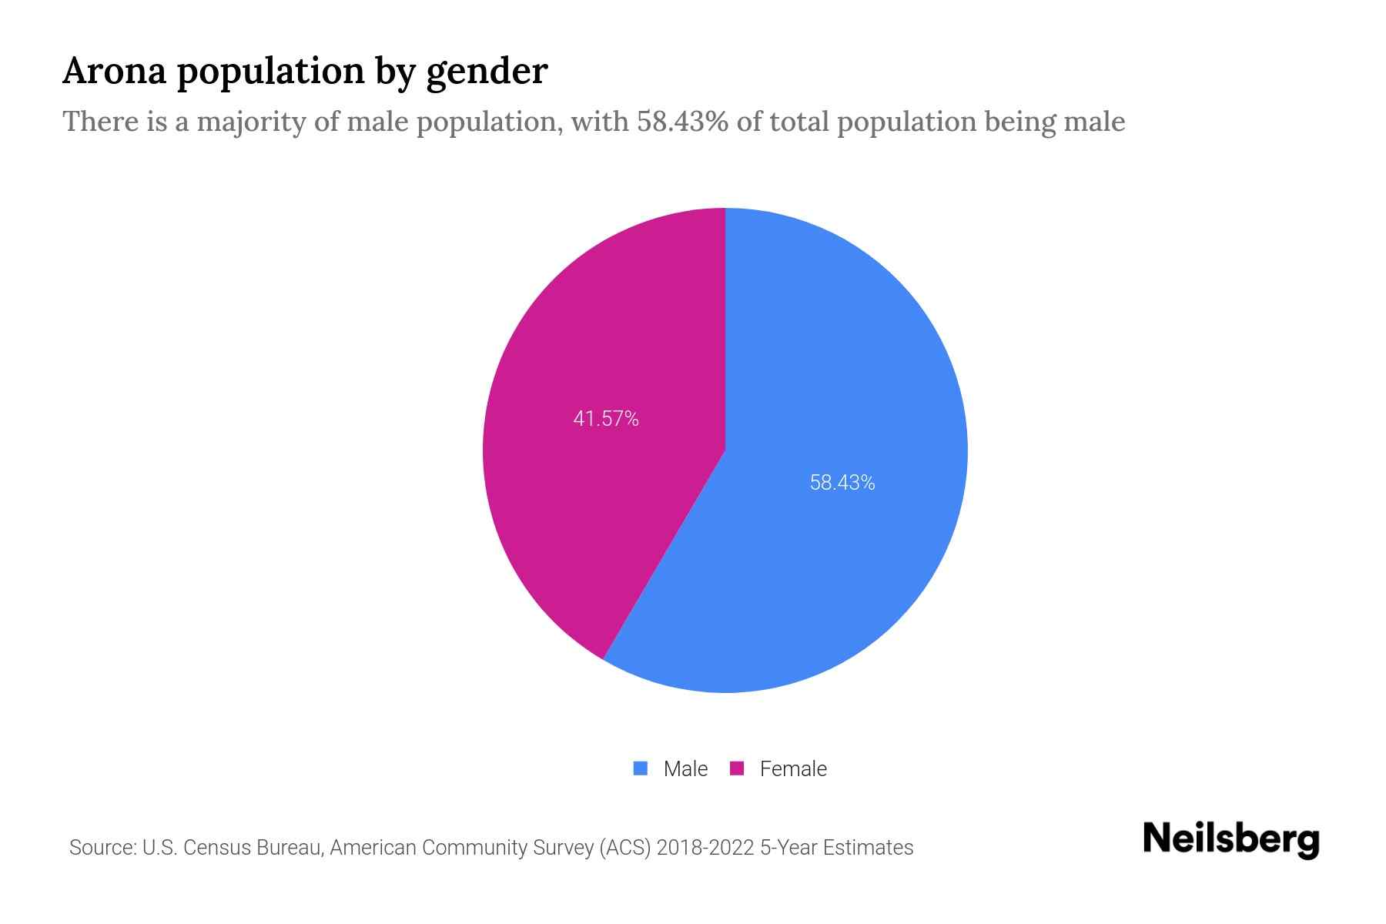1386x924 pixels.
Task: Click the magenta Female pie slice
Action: tap(585, 477)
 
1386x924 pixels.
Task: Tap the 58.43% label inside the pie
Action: tap(842, 483)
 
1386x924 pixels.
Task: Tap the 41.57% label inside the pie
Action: tap(606, 419)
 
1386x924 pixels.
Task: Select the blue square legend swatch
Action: tap(640, 768)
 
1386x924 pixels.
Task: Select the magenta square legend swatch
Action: tap(737, 768)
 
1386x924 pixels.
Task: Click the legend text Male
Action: tap(685, 768)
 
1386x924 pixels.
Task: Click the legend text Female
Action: tap(793, 768)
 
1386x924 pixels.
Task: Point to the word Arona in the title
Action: tap(115, 72)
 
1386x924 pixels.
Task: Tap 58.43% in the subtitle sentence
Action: tap(682, 122)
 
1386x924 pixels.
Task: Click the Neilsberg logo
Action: tap(1230, 839)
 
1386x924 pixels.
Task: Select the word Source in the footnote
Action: tap(102, 848)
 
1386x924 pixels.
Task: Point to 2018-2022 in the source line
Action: tap(705, 848)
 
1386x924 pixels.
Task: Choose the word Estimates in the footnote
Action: tap(868, 848)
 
